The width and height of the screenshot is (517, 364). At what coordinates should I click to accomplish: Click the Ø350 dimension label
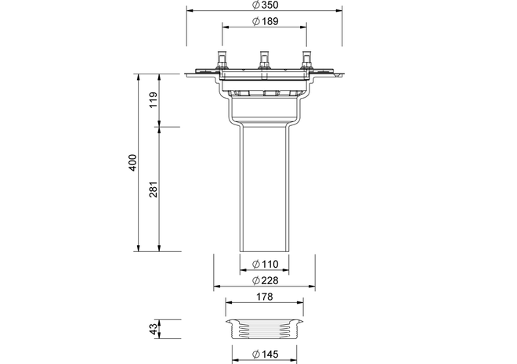point(265,5)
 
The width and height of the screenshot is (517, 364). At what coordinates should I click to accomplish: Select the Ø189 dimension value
point(265,21)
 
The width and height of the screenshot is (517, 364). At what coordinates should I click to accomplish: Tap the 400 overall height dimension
point(132,162)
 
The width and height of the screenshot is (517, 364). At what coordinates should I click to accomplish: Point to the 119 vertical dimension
point(154,100)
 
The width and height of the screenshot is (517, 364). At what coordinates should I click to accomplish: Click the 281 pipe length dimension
point(154,189)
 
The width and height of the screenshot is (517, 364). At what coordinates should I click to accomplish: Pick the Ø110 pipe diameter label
point(265,264)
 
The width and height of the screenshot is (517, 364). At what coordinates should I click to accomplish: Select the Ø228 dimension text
point(265,280)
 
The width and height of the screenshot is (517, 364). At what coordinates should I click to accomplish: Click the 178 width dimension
point(265,297)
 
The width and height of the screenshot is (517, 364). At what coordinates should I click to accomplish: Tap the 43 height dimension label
point(154,329)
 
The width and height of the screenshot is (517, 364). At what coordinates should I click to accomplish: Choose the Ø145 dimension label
point(265,354)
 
